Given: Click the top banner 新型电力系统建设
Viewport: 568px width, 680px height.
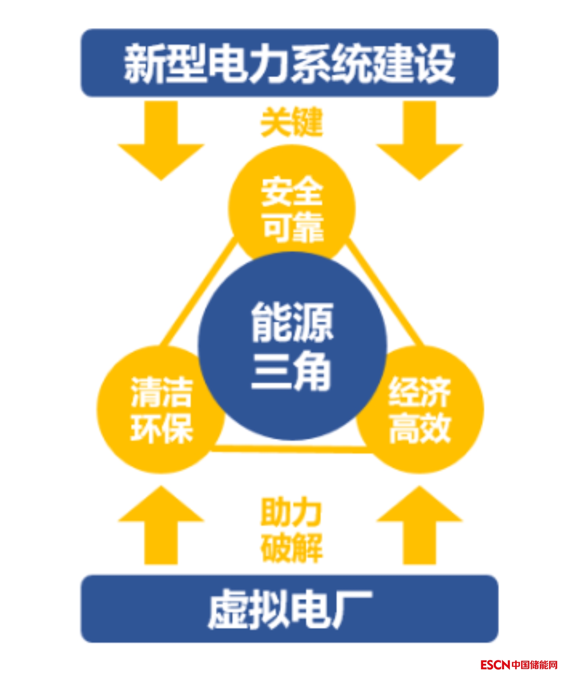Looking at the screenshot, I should (290, 63).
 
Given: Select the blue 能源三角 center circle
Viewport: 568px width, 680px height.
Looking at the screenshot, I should (292, 346).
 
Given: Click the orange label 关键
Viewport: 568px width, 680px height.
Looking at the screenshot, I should (292, 122).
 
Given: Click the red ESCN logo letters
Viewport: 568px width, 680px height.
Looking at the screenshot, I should (495, 665).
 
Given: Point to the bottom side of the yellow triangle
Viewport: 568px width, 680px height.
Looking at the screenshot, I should (291, 449).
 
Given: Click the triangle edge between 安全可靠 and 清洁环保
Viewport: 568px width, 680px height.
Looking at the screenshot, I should (195, 295).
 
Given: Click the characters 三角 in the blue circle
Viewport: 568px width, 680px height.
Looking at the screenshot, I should (291, 372).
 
